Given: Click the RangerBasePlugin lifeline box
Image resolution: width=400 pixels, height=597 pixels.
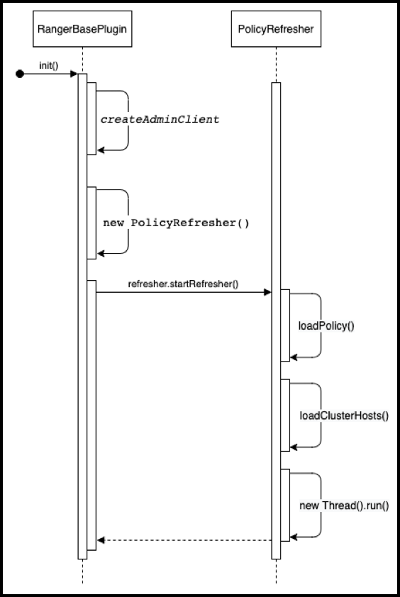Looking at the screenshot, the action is click(82, 29).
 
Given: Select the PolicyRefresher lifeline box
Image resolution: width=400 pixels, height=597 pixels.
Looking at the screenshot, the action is click(276, 29).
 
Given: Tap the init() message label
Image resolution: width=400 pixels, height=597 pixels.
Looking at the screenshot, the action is click(49, 65).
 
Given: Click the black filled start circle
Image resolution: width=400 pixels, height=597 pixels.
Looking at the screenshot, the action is click(20, 74).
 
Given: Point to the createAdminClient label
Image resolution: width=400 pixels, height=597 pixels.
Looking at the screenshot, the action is click(160, 119).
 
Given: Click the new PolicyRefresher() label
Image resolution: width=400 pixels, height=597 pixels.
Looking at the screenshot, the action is click(176, 223).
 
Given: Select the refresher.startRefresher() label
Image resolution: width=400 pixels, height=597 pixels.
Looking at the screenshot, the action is click(183, 284).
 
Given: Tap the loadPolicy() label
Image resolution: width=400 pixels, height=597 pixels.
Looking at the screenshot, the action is click(326, 326).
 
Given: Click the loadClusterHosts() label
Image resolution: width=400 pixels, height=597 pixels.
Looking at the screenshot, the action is click(344, 415).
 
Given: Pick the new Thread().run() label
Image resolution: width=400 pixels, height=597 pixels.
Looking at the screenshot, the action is click(344, 506).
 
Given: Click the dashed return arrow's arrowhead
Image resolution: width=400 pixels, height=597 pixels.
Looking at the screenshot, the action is click(101, 540).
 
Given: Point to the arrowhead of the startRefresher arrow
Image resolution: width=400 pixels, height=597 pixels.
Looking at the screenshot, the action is click(267, 292).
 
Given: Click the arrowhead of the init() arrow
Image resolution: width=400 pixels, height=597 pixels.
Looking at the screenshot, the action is click(74, 74).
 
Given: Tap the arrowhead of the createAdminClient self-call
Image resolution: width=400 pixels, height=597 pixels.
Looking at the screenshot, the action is click(101, 150).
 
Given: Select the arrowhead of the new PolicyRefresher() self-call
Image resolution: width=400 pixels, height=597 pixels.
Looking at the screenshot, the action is click(101, 254).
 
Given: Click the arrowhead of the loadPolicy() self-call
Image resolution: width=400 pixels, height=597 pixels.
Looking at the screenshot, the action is click(294, 357).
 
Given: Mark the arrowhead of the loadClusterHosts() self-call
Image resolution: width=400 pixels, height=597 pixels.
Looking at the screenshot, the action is click(294, 447).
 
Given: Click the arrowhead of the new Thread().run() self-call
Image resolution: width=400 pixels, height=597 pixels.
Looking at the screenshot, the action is click(294, 537).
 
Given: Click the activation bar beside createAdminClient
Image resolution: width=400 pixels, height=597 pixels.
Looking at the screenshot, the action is click(91, 119).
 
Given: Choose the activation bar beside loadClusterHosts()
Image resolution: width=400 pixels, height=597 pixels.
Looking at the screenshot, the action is click(285, 415).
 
